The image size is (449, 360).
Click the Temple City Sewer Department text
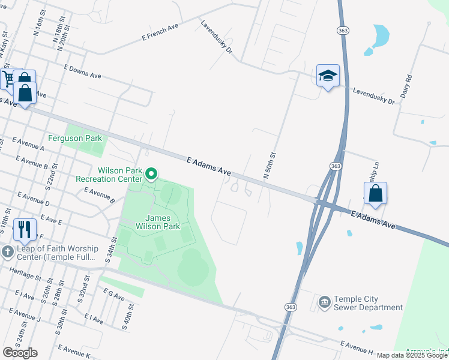[x=368, y=303]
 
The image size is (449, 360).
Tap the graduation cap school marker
[x=328, y=76]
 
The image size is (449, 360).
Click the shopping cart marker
[x=8, y=79]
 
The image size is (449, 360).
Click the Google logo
[x=20, y=353]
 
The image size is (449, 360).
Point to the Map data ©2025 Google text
[x=412, y=355]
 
